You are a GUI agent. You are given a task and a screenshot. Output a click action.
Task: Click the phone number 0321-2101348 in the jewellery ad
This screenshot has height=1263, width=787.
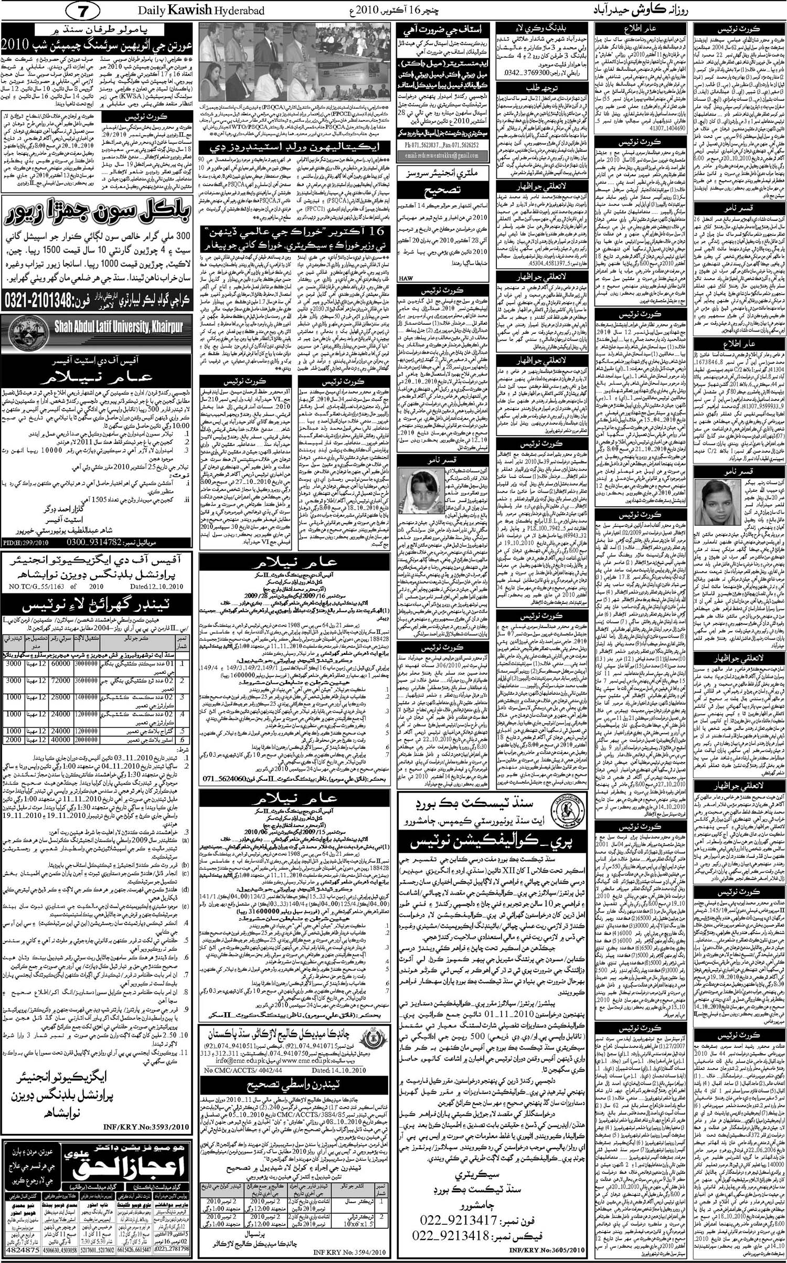tap(50, 300)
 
